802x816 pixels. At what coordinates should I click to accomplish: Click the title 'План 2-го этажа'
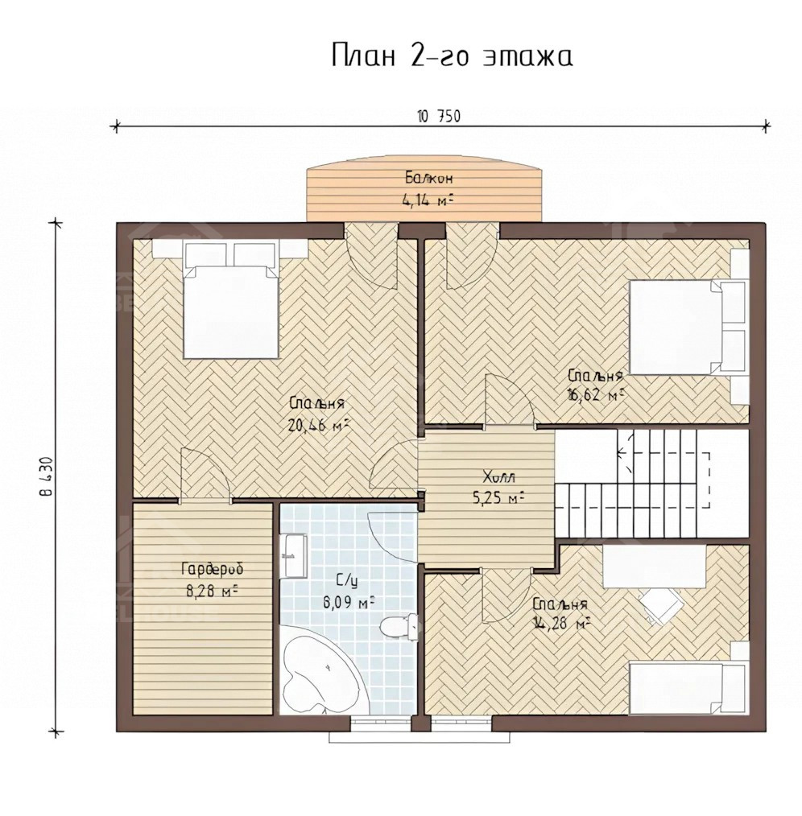tap(452, 56)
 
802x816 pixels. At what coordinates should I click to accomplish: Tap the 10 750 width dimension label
tap(439, 116)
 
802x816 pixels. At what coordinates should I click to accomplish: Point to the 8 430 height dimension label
tap(48, 477)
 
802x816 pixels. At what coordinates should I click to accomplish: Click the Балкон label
tap(429, 178)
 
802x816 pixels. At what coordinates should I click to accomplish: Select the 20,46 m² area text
tap(317, 426)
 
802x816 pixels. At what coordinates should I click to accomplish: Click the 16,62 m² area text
tap(596, 395)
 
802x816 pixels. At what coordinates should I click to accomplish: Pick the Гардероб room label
tap(212, 570)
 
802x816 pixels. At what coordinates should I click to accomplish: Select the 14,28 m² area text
tap(560, 623)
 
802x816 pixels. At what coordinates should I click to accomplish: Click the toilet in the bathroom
tap(399, 624)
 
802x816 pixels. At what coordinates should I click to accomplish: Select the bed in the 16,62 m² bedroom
tap(688, 328)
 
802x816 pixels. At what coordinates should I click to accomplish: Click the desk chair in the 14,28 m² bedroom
tap(662, 604)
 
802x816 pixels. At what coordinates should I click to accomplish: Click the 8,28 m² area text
tap(212, 591)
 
